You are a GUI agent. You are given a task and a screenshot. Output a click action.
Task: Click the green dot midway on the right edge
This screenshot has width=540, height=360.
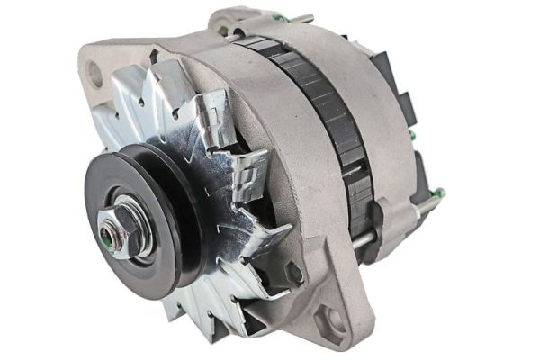[x=411, y=136]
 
